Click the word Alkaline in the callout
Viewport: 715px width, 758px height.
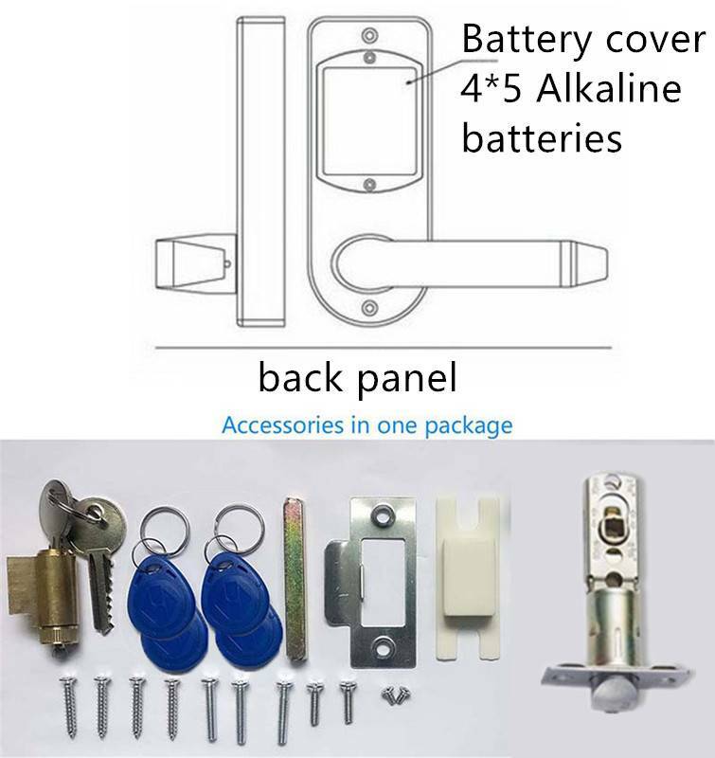608,88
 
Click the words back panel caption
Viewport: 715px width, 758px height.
358,377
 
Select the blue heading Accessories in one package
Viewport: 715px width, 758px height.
367,425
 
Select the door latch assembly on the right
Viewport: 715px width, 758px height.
616,589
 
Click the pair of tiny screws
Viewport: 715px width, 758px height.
396,695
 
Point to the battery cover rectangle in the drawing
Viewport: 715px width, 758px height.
369,121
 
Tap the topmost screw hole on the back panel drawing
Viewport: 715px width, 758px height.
369,35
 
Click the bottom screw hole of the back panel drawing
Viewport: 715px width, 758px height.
369,308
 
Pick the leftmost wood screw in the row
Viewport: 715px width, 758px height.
67,707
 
